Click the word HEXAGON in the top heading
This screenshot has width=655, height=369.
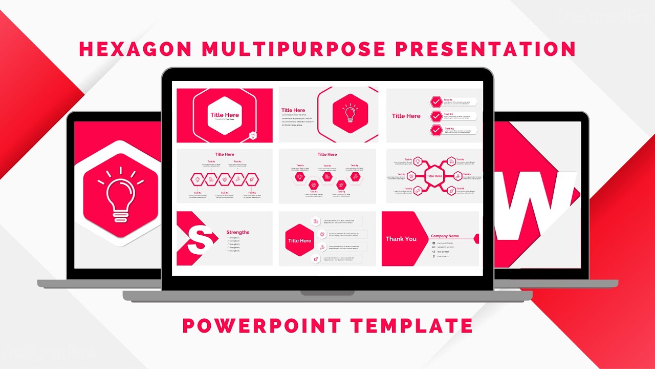point(135,49)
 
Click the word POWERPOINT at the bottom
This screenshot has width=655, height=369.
point(261,326)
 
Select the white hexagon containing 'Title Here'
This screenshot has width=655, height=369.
point(225,115)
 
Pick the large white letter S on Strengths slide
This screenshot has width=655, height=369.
point(199,239)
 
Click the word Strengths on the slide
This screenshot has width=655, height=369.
point(238,232)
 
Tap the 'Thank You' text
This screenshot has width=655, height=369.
point(401,239)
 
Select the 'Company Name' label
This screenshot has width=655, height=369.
point(445,236)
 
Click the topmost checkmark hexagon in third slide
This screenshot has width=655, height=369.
point(436,101)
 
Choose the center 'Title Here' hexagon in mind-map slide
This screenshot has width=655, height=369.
point(434,176)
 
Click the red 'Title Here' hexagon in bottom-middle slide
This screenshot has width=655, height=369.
point(299,240)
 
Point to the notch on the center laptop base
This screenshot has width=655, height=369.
point(327,293)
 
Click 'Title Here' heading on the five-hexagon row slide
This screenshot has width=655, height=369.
point(225,154)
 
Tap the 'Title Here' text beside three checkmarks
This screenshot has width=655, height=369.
point(406,116)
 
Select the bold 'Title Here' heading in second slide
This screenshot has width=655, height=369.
point(293,110)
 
